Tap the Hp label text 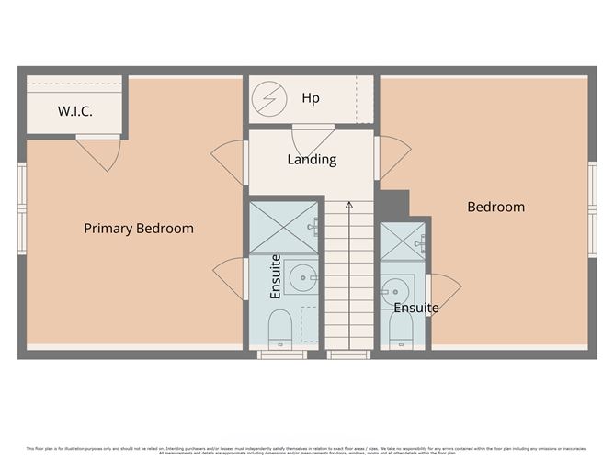[311, 97]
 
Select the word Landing [312, 160]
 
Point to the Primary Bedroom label [139, 229]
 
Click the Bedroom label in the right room [495, 208]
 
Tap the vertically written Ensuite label [275, 277]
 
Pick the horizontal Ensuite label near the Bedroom [415, 309]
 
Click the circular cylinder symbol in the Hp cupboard [270, 98]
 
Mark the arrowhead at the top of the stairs [348, 205]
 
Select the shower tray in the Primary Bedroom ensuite [283, 227]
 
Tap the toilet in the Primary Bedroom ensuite [279, 328]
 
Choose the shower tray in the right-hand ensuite [402, 241]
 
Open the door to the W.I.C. [98, 151]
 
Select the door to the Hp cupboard [313, 140]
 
